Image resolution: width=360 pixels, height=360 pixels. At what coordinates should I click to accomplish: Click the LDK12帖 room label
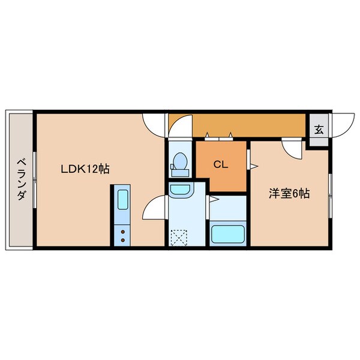(85, 169)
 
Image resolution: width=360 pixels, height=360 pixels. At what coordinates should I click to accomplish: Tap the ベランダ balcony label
(20, 179)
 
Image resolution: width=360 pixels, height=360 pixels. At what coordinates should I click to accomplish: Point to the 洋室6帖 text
(289, 194)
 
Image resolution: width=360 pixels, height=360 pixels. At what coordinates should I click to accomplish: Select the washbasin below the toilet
(178, 191)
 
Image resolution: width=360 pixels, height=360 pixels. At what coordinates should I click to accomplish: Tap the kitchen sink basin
(122, 199)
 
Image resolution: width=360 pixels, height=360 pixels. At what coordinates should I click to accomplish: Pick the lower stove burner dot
(122, 238)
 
